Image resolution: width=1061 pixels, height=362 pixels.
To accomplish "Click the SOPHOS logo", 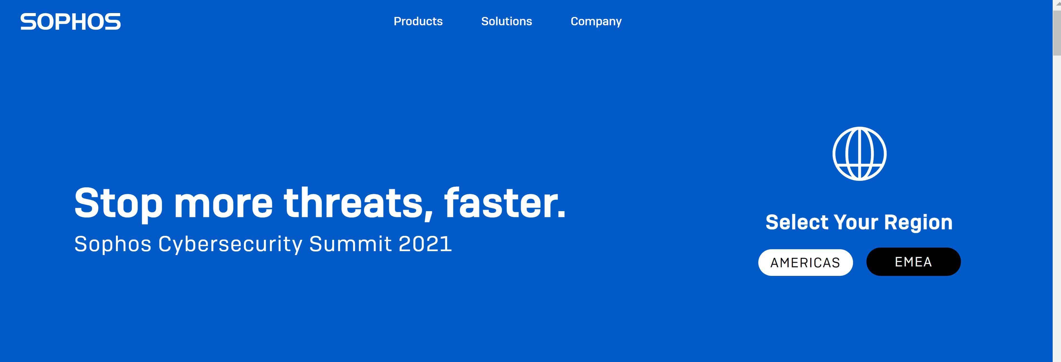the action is [x=70, y=21].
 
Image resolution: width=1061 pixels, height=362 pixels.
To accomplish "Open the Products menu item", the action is [x=418, y=21].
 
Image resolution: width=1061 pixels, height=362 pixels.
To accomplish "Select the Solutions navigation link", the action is [x=507, y=21].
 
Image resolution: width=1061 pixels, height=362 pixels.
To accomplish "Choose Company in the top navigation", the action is [x=596, y=21].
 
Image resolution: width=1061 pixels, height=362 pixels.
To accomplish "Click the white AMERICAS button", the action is [x=805, y=262].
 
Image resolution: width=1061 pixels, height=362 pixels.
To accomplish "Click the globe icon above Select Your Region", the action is [x=859, y=154].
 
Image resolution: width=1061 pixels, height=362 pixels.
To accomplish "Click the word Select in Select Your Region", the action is [x=797, y=222].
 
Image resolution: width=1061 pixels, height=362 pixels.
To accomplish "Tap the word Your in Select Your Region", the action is [x=856, y=222].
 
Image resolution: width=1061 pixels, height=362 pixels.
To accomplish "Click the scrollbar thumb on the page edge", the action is [x=1057, y=33].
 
